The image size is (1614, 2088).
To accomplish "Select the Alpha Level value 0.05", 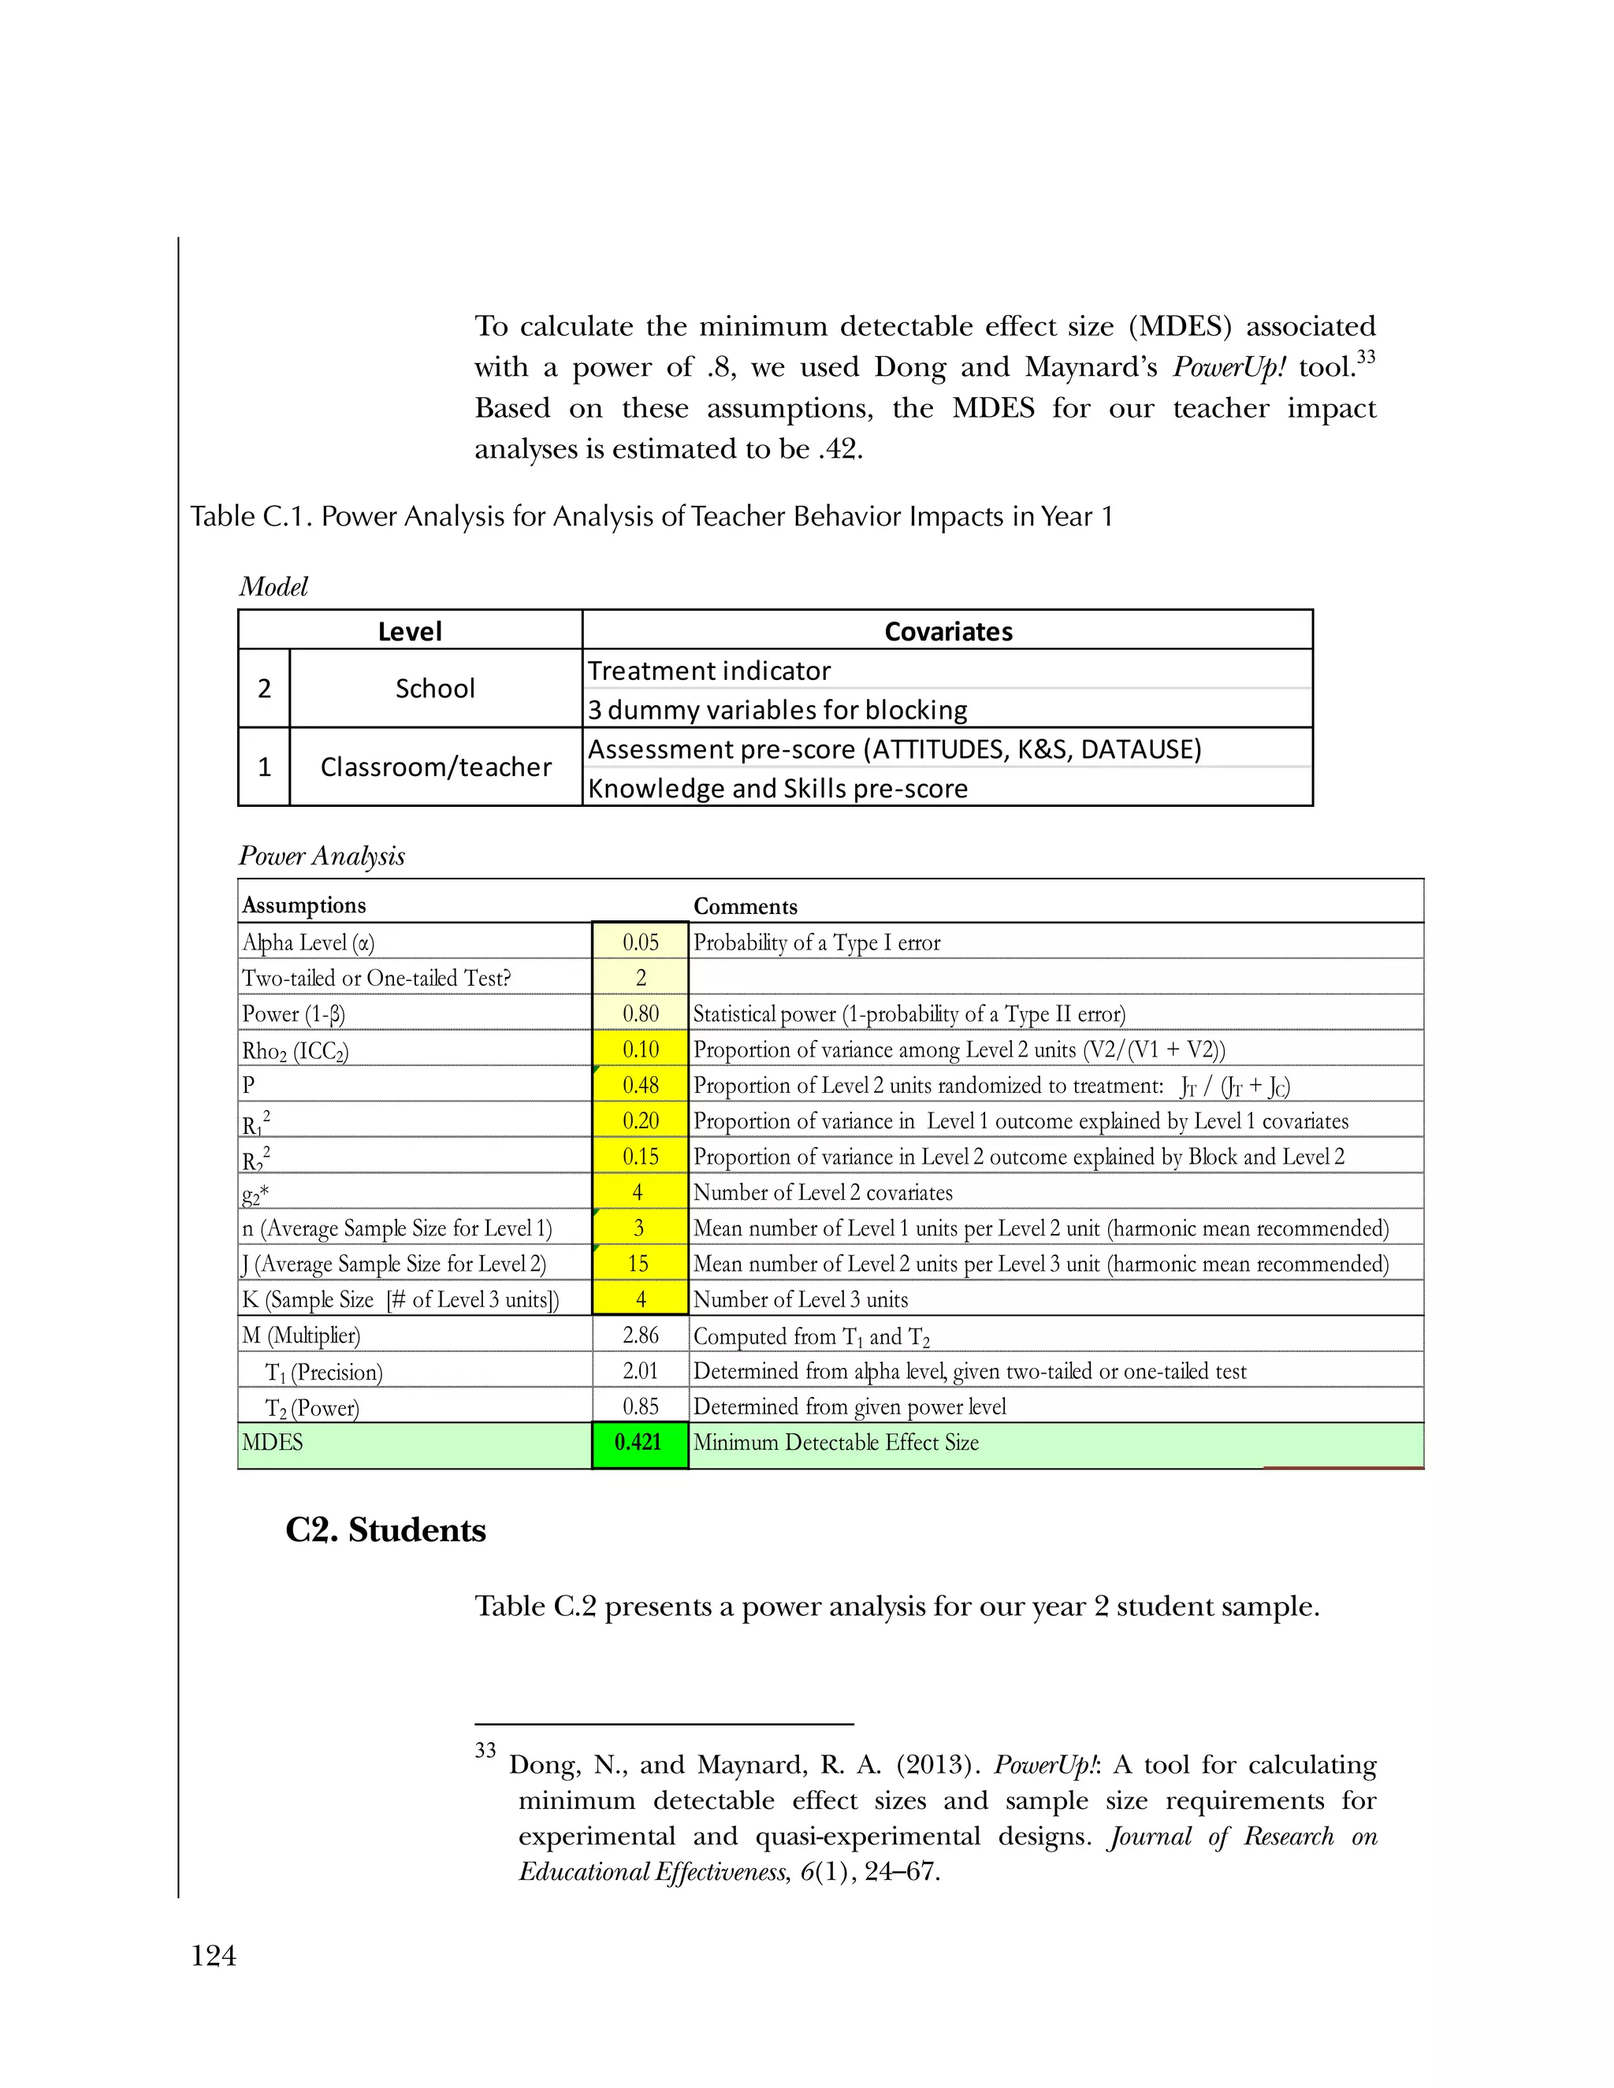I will (640, 942).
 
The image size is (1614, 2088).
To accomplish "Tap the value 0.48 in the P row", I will (640, 1085).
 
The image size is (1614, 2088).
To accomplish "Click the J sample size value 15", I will (638, 1264).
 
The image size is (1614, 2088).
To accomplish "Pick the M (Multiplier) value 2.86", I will (640, 1336).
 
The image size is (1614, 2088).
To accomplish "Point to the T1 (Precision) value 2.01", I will (640, 1371).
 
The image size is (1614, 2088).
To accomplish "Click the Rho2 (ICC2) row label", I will (296, 1050).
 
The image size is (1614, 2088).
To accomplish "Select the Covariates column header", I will (947, 631).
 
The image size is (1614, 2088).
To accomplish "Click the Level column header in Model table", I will (409, 631).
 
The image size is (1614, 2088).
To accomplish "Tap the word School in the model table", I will (435, 689).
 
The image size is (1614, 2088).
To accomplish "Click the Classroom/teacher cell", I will (435, 767).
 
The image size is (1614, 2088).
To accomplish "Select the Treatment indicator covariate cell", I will (708, 671).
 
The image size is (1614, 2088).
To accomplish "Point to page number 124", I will (214, 1956).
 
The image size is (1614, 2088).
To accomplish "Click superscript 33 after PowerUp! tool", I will (1366, 358).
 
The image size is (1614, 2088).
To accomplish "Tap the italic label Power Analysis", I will (322, 856).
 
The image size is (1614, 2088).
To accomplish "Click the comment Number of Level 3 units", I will (801, 1300).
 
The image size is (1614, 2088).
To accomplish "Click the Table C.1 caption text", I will (651, 516).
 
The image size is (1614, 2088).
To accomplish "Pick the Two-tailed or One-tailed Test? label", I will (376, 978).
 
